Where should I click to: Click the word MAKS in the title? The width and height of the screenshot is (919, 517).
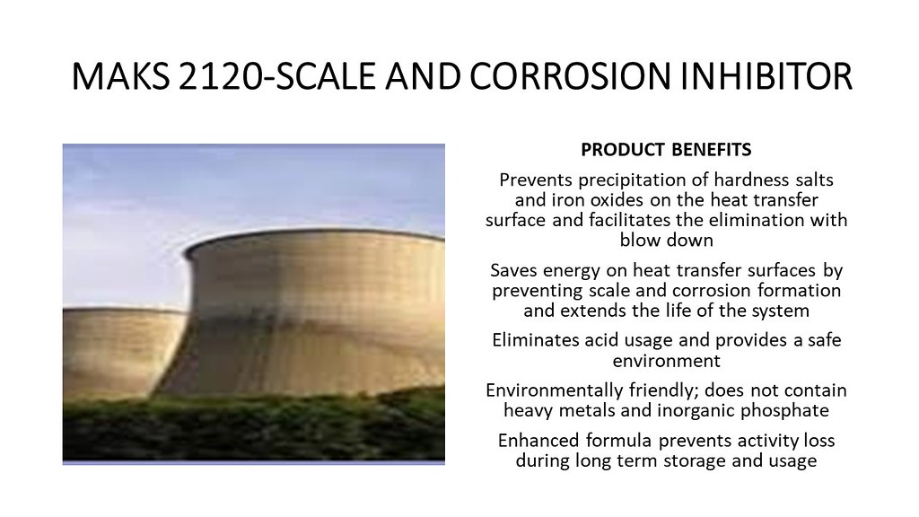pyautogui.click(x=121, y=75)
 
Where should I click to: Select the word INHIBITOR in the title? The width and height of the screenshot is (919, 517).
pyautogui.click(x=766, y=75)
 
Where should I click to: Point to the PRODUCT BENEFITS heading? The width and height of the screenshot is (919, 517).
pyautogui.click(x=666, y=150)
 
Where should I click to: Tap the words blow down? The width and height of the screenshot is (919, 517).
pyautogui.click(x=667, y=240)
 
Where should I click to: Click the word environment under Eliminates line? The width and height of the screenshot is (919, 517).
pyautogui.click(x=667, y=361)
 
